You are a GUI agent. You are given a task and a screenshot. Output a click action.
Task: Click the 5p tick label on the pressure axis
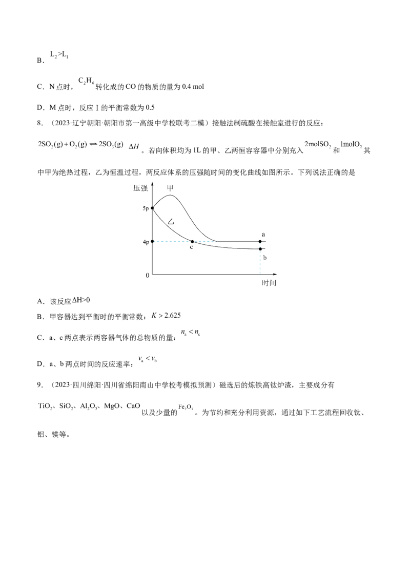(x=146, y=208)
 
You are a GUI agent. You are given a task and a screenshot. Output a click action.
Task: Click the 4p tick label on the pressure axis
(x=146, y=242)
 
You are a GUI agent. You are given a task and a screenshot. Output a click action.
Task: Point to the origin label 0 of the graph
(x=148, y=275)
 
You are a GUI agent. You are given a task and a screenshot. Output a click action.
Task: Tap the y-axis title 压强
(x=140, y=188)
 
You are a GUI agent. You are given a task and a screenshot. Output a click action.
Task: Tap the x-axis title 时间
(x=269, y=283)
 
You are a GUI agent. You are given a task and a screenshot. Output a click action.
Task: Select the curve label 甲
(x=170, y=188)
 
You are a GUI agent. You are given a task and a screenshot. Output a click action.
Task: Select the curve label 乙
(x=171, y=222)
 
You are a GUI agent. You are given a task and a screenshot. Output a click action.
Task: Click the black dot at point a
(x=260, y=242)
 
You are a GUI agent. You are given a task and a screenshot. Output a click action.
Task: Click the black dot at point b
(x=260, y=249)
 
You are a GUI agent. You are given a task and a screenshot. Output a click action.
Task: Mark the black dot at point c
(x=192, y=242)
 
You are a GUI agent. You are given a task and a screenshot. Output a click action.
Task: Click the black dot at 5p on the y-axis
(x=152, y=208)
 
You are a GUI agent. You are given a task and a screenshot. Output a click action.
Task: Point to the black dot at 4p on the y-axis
(x=152, y=242)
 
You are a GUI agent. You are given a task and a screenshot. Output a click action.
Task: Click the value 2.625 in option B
(x=172, y=315)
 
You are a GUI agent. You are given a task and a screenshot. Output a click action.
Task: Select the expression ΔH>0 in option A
(x=81, y=300)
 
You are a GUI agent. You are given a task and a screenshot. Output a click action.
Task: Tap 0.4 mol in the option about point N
(x=193, y=87)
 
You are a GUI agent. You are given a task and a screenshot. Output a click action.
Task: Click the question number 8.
(x=40, y=123)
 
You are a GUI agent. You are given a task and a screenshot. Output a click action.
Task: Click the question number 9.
(x=40, y=385)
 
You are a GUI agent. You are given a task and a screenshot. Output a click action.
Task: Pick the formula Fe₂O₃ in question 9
(x=186, y=407)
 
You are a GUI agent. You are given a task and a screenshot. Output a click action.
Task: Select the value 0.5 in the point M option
(x=150, y=107)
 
